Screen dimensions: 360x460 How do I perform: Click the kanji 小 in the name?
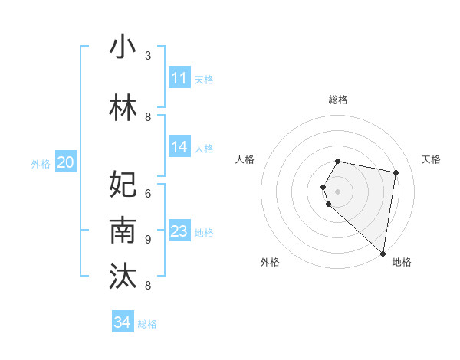(123, 47)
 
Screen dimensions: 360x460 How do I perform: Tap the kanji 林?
(123, 110)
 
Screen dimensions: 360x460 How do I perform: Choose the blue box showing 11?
(179, 78)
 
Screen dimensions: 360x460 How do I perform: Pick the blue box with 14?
(179, 147)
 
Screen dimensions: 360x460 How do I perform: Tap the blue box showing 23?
(179, 231)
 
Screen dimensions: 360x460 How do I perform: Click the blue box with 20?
(66, 162)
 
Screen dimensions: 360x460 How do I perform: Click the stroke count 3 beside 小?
(148, 56)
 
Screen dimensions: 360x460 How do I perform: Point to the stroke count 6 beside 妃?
(148, 193)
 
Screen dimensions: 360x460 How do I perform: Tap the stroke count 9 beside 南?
(148, 239)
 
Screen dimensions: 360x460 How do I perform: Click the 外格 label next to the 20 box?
(41, 163)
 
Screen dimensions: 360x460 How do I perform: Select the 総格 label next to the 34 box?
(147, 323)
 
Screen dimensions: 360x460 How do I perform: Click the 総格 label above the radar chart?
(338, 100)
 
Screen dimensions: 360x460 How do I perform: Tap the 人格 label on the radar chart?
(245, 159)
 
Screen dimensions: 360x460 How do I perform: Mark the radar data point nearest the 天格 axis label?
(396, 173)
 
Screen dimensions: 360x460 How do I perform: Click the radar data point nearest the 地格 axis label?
(383, 253)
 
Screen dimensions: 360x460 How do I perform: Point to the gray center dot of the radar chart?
(338, 191)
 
